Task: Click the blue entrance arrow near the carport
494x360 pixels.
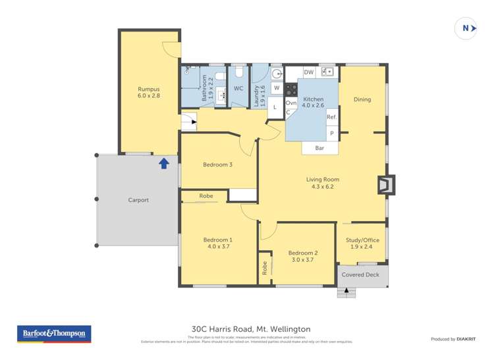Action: [x=163, y=163]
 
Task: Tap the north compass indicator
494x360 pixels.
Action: [x=466, y=28]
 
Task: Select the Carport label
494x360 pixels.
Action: [x=138, y=200]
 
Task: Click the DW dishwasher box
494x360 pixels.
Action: [x=308, y=72]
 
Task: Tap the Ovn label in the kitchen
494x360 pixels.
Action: [x=290, y=103]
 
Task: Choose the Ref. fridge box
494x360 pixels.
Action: [x=332, y=117]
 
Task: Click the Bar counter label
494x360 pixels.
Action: [x=319, y=148]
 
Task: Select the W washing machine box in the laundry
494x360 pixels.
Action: [x=277, y=87]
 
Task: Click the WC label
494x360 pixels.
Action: [x=238, y=88]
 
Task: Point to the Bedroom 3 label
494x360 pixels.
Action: [x=217, y=165]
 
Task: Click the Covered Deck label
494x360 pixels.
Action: [x=360, y=274]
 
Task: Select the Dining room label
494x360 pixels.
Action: [x=362, y=99]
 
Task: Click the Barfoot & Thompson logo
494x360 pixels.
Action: [x=54, y=334]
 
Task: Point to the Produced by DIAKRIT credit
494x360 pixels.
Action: [x=453, y=339]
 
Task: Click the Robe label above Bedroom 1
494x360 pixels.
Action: [x=206, y=196]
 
